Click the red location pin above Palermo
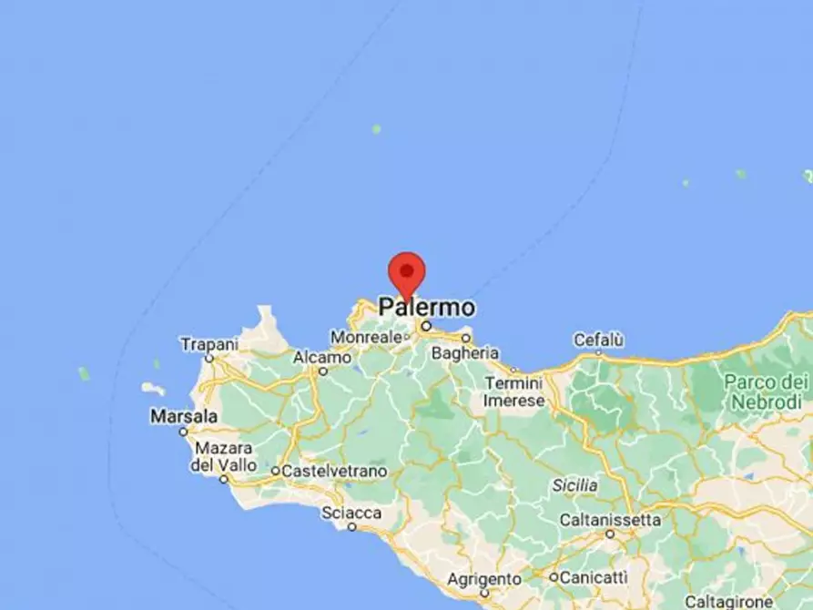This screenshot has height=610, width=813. click(406, 271)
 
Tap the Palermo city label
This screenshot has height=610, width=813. click(426, 307)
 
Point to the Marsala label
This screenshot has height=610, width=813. click(184, 416)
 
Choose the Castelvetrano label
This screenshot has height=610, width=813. click(334, 472)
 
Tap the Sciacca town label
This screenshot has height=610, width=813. click(351, 513)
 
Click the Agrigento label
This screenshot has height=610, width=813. click(483, 579)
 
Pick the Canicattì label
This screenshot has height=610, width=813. click(594, 577)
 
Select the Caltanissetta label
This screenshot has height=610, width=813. click(609, 520)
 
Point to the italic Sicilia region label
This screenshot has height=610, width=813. click(574, 485)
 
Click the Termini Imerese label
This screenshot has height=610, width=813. click(514, 391)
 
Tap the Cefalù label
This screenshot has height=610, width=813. click(598, 340)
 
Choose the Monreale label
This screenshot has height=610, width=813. click(367, 337)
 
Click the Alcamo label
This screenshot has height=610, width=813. click(322, 358)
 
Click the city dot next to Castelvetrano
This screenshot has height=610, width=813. click(275, 472)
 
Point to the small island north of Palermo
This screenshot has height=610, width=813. click(376, 129)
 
